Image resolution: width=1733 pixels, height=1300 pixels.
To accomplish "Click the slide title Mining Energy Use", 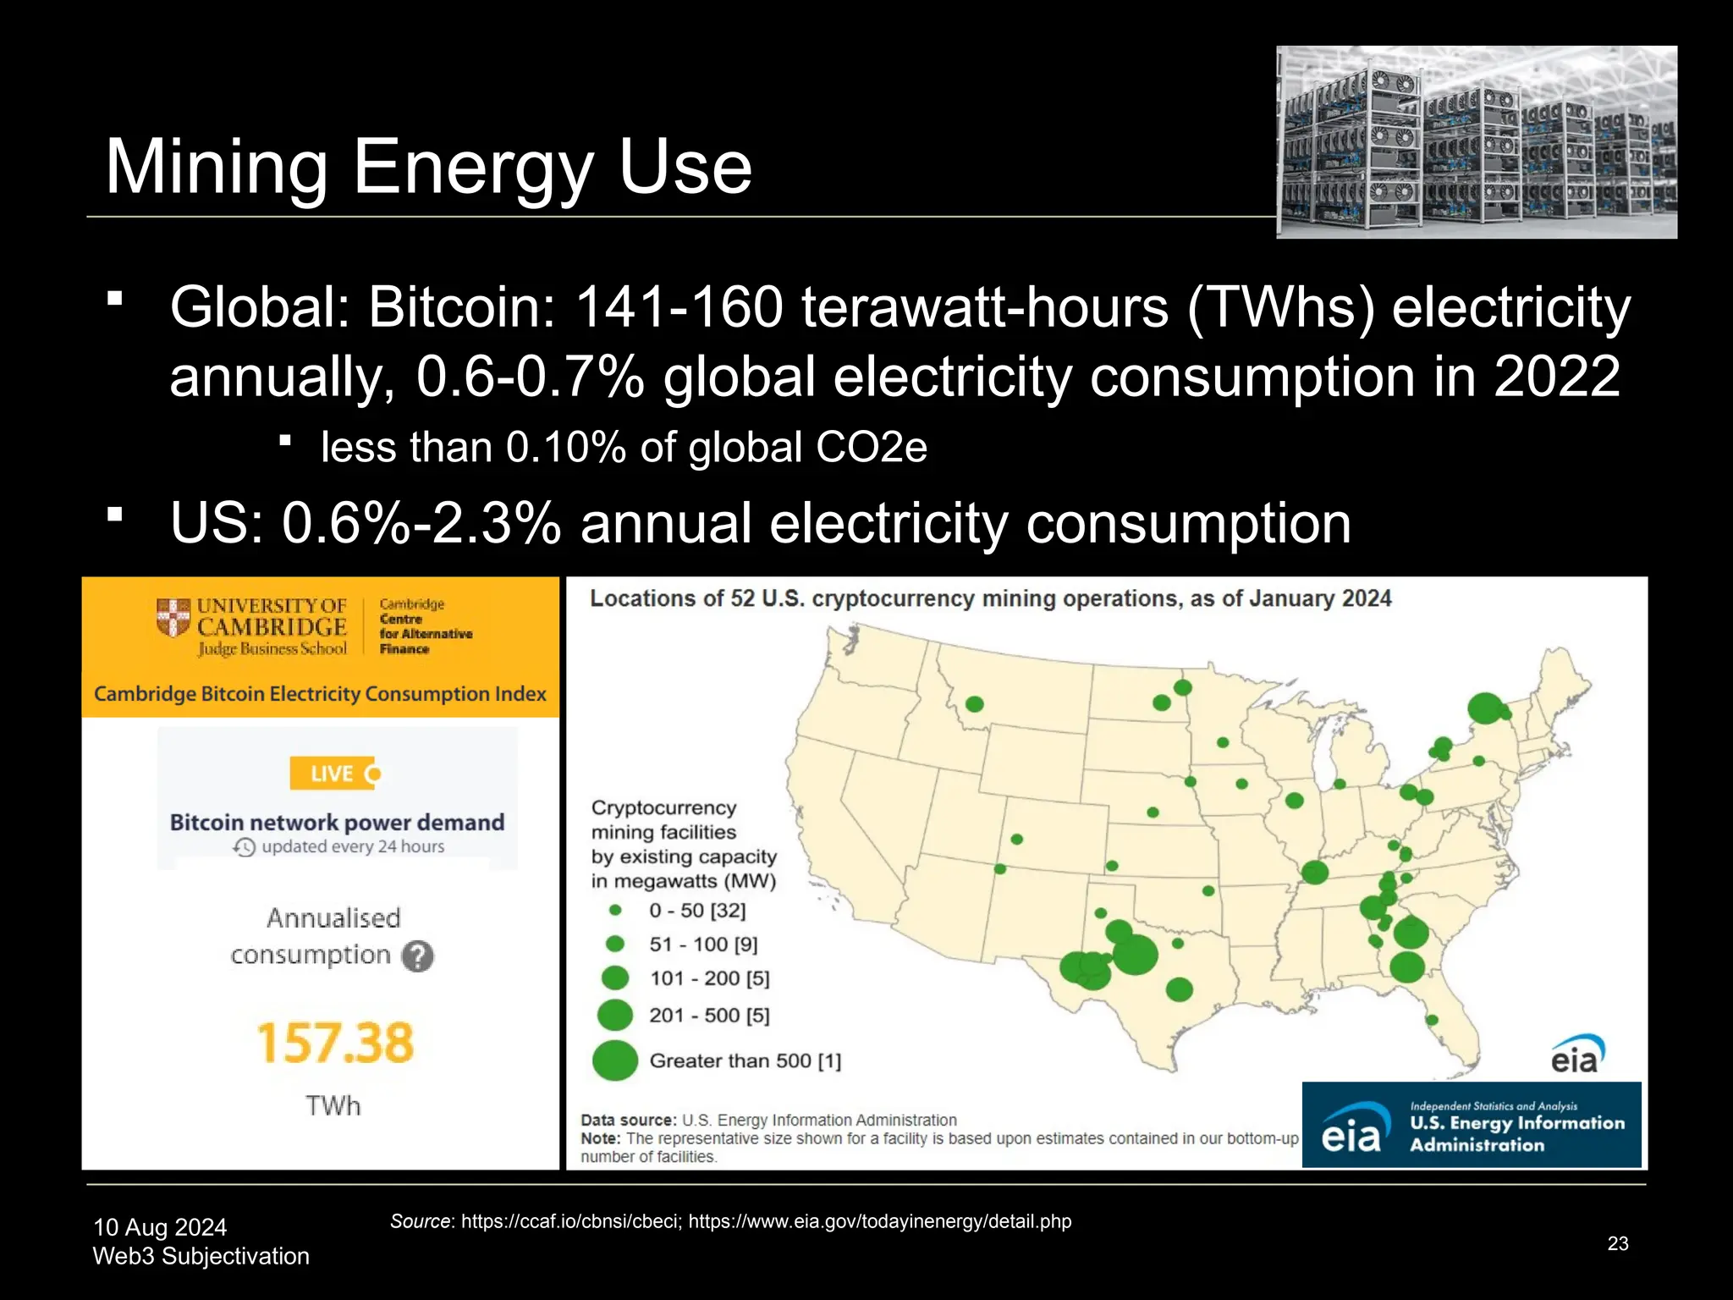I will coord(428,167).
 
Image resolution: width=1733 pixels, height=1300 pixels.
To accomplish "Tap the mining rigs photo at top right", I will coord(1476,142).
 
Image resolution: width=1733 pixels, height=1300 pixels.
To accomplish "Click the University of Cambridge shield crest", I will coord(173,617).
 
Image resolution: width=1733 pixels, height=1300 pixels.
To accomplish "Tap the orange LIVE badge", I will coord(333,774).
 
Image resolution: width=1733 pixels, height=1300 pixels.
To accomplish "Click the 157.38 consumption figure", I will coord(335,1042).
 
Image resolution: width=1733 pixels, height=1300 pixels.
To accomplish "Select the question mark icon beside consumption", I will coord(417,956).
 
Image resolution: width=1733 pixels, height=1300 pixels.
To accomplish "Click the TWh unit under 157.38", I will coord(333,1105).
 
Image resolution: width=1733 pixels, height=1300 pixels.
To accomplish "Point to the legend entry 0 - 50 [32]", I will coord(697,911).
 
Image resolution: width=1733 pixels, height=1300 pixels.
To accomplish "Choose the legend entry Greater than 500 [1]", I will coord(745,1060).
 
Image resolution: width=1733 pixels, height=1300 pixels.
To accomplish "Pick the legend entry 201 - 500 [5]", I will coord(709,1015).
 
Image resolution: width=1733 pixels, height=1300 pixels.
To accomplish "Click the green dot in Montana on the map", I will coord(974,704).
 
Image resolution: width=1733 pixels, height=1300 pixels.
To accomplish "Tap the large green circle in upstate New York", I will coord(1484,708).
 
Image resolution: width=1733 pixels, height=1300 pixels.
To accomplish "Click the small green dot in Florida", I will coord(1432,1020).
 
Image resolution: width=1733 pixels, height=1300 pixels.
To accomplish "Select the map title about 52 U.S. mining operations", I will coord(990,598).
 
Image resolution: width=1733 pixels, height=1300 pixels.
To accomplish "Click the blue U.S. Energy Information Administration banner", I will coord(1471,1125).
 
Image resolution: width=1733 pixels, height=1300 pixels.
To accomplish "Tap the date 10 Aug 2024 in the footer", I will coord(160,1227).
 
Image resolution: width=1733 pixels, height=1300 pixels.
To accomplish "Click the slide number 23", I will coord(1617,1243).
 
